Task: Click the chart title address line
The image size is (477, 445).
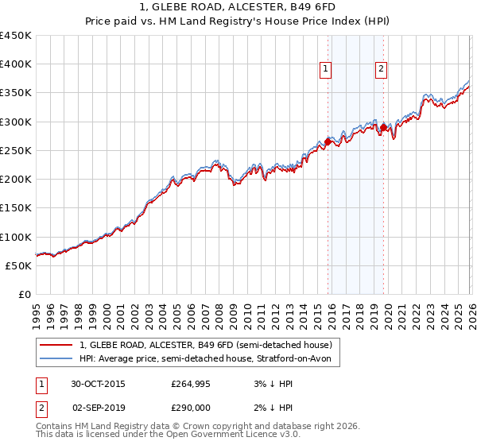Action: pyautogui.click(x=238, y=8)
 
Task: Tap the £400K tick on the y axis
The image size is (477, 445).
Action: pyautogui.click(x=16, y=64)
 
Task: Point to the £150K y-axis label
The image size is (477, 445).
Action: pyautogui.click(x=16, y=207)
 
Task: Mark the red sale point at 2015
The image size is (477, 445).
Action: pyautogui.click(x=328, y=142)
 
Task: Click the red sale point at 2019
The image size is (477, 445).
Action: pyautogui.click(x=382, y=127)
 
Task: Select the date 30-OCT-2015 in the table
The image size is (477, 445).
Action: pyautogui.click(x=98, y=384)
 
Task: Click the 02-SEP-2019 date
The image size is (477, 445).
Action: pyautogui.click(x=98, y=406)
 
